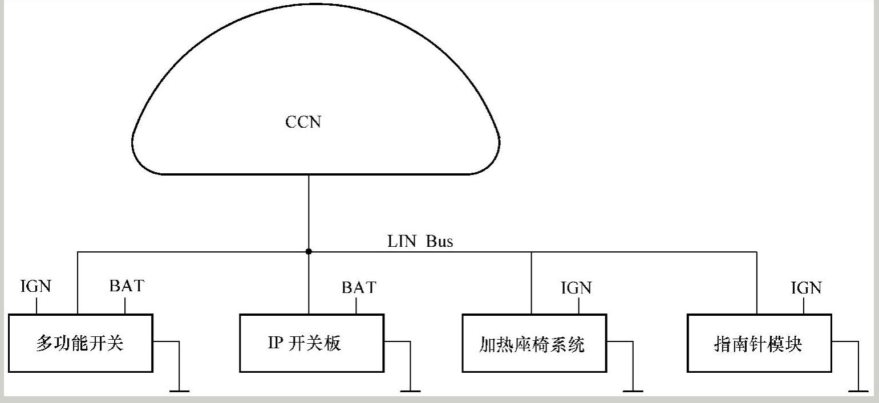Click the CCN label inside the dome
tap(303, 122)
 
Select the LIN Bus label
tap(420, 241)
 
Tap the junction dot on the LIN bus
tap(309, 251)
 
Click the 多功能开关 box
tap(80, 343)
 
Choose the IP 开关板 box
tap(311, 343)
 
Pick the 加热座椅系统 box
tap(534, 343)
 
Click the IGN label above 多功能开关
tap(35, 286)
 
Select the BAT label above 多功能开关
tap(127, 286)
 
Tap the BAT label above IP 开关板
tap(359, 287)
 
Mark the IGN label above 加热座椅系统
tap(576, 287)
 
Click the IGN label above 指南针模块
tap(806, 288)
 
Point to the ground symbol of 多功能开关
tap(180, 390)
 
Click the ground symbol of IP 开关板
tap(410, 390)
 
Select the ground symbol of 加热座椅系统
tap(633, 390)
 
